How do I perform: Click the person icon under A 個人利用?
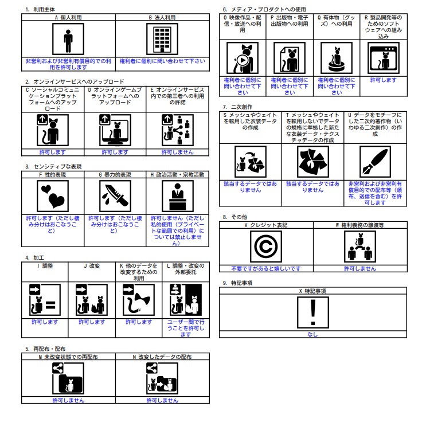tap(68, 39)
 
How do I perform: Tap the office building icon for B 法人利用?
tap(162, 39)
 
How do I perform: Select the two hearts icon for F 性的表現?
tap(53, 196)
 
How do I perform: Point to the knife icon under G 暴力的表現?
tap(115, 196)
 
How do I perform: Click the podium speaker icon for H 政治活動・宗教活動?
tap(178, 196)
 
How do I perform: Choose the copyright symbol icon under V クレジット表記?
tap(266, 247)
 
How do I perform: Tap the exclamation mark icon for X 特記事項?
tap(313, 312)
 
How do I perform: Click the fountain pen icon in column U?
tap(375, 162)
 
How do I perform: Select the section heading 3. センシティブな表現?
tap(53, 166)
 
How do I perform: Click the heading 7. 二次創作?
tap(237, 107)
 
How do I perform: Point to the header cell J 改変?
tap(92, 266)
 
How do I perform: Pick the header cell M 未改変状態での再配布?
tap(68, 357)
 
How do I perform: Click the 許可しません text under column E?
tap(177, 152)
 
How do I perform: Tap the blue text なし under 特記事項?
tap(312, 334)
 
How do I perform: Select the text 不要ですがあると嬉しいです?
tap(266, 269)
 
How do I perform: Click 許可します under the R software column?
tap(384, 80)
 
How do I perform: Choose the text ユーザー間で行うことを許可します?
tap(186, 328)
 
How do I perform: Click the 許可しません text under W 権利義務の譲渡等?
tap(360, 269)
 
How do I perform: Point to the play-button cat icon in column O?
tap(243, 58)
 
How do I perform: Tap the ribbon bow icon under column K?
tap(139, 300)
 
